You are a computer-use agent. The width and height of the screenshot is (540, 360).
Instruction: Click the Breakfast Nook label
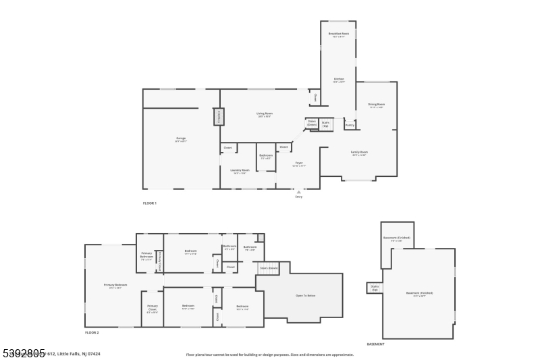pos(339,34)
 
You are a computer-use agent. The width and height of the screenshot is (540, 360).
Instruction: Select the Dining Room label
pos(376,105)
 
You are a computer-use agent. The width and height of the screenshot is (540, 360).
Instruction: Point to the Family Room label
pos(358,153)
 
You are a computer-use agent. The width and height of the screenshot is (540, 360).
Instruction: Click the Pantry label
pos(350,125)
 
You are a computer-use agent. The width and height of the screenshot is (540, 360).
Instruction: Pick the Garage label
pos(181,139)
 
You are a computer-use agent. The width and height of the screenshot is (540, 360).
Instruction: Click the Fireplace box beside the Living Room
pos(218,117)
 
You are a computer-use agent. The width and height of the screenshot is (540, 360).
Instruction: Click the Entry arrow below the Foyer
pos(298,192)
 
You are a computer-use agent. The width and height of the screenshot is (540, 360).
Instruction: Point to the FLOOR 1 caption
pos(149,203)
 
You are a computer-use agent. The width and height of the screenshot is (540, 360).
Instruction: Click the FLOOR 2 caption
pos(92,333)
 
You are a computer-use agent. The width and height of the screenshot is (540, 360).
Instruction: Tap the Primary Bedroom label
pos(115,286)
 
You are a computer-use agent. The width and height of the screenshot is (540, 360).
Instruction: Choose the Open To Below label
pos(306,296)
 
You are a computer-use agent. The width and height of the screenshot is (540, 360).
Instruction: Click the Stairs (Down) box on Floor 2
pos(269,268)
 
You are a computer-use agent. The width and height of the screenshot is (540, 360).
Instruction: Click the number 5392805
pos(23,353)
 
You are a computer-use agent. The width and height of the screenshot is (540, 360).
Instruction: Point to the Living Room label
pos(264,114)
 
